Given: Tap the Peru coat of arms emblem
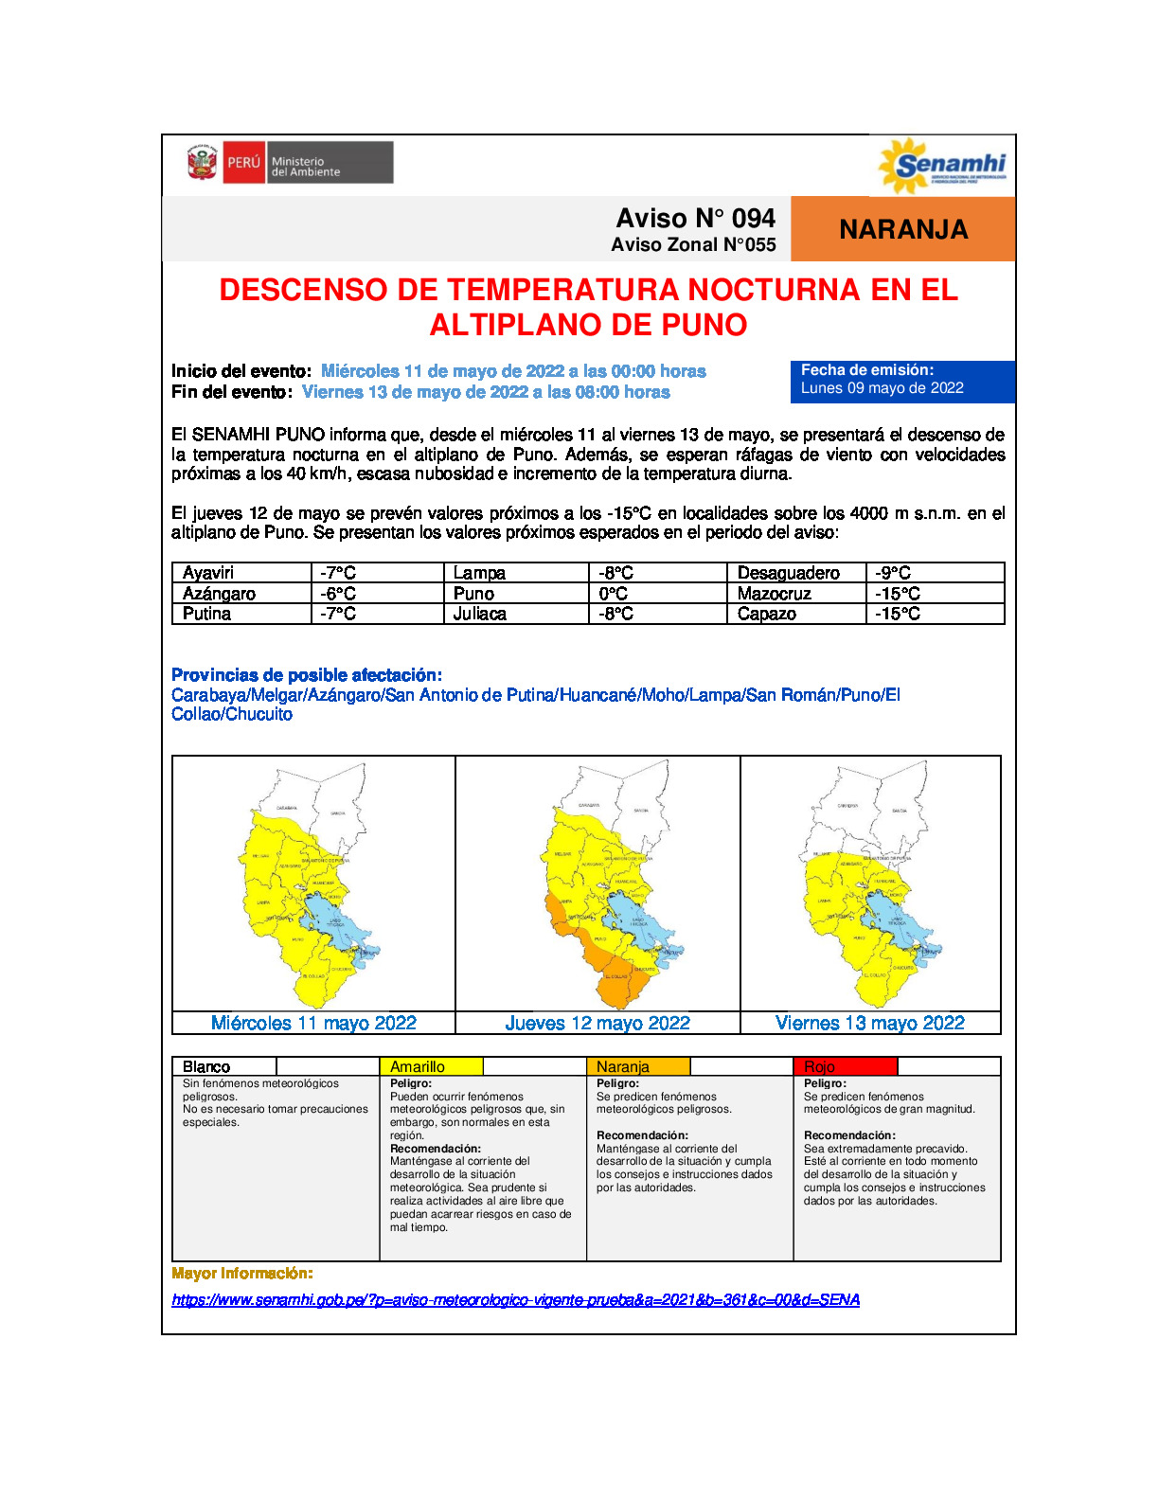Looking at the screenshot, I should pos(202,163).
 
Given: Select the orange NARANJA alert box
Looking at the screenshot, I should pos(902,229).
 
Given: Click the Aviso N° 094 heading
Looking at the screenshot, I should pos(695,219).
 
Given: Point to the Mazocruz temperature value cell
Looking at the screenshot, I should pos(934,594).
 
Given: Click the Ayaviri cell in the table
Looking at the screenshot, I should pos(241,573).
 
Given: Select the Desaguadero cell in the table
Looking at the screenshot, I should pos(795,573).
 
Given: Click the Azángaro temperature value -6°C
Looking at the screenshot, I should pos(376,594).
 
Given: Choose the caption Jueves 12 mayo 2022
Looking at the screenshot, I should pos(597,1023).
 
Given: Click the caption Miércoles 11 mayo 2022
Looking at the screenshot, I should pos(313,1023).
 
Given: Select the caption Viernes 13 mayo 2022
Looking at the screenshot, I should pos(869,1023).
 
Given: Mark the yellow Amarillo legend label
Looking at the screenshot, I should pos(430,1066).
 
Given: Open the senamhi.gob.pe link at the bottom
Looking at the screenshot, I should pos(515,1299).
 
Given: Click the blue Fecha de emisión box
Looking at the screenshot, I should pos(901,381).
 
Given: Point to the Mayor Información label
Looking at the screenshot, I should pos(241,1274).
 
